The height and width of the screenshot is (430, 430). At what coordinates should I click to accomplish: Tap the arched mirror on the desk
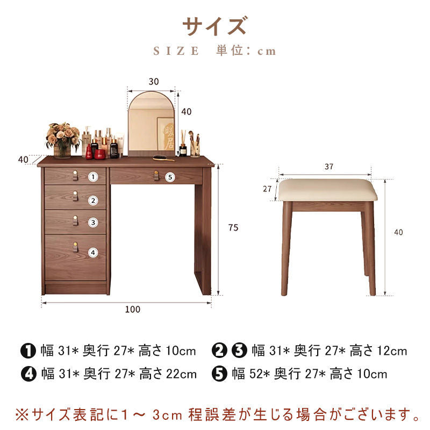(152, 124)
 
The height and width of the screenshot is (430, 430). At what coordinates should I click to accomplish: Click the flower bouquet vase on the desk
(62, 140)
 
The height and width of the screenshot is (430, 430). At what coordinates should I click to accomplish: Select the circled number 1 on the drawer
(93, 177)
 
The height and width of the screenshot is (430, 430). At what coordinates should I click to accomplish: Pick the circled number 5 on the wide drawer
(170, 177)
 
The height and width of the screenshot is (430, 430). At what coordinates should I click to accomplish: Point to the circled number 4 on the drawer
(93, 253)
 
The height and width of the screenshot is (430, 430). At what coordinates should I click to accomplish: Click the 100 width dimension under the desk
(133, 310)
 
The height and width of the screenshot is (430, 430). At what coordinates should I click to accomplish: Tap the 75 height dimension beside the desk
(233, 227)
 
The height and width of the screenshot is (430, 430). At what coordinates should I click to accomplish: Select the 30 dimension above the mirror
(154, 82)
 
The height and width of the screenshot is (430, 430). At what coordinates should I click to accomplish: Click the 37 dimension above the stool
(329, 167)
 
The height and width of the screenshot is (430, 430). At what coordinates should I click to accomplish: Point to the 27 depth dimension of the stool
(267, 189)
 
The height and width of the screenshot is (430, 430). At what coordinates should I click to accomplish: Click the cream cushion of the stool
(327, 190)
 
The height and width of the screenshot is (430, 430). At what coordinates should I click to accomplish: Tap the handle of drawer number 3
(75, 221)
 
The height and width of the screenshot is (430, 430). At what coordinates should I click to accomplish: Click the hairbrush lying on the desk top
(163, 158)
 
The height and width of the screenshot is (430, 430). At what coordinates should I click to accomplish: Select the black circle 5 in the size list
(219, 374)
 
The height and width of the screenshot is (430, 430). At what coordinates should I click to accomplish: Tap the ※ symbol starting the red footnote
(22, 414)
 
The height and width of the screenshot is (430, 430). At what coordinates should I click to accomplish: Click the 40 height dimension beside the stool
(398, 233)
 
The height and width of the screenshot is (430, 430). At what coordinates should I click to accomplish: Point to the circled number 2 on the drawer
(93, 200)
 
